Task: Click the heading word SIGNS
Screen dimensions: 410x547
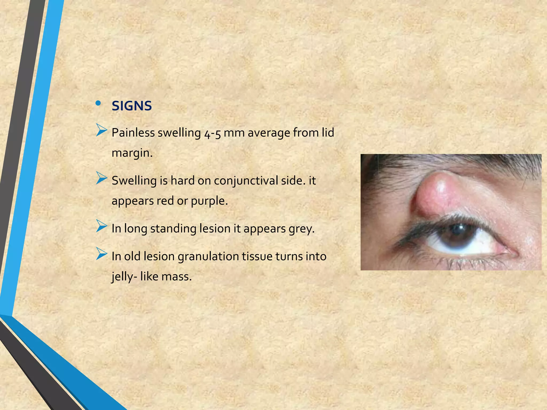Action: coord(132,106)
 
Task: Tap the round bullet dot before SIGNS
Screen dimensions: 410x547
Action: coord(98,103)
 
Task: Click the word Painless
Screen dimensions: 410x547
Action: coord(133,133)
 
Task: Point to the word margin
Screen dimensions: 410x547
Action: coord(132,153)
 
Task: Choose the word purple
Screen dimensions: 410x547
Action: coord(209,201)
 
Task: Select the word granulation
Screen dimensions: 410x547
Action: coord(208,257)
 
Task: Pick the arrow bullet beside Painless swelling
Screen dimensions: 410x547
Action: coord(101,130)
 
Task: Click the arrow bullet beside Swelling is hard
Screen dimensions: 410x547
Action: coord(101,178)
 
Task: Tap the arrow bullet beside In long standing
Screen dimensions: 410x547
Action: coord(101,226)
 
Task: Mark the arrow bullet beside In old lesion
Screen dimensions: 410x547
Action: coord(101,254)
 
